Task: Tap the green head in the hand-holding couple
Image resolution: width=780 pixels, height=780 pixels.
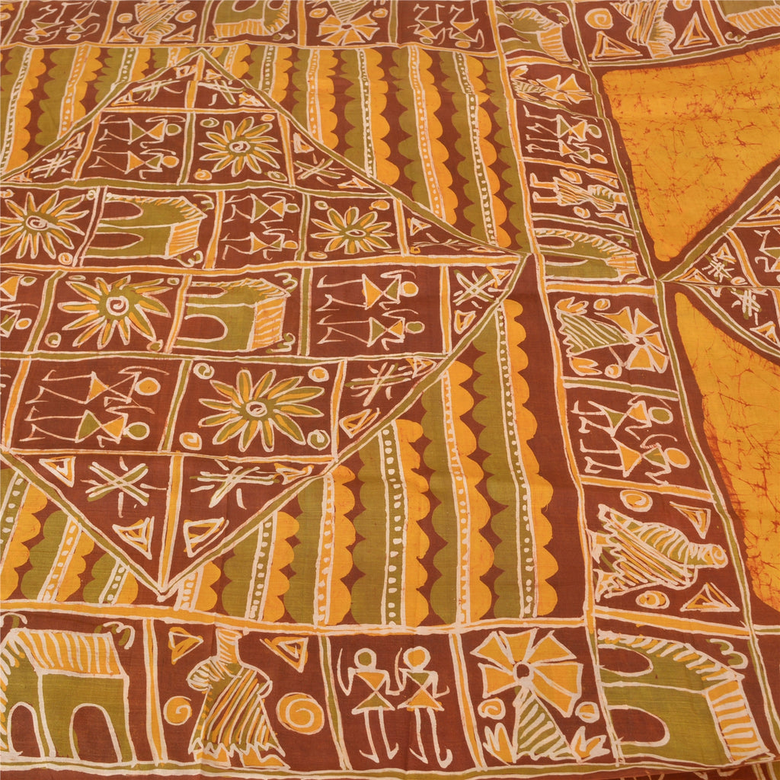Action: (366, 659)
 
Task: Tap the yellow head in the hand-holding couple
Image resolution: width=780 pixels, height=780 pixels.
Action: (416, 656)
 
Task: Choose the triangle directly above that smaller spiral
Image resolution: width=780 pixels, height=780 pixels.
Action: (183, 644)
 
